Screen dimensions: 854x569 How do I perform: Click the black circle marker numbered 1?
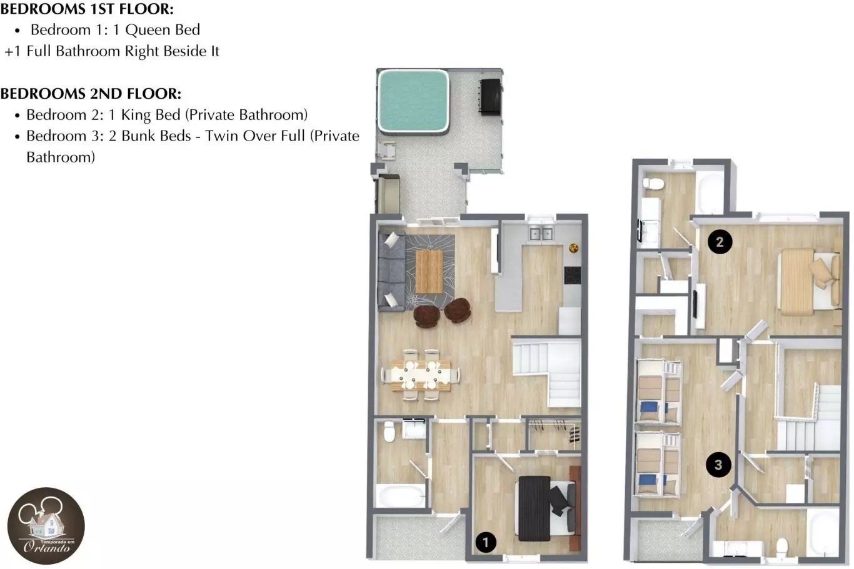click(486, 542)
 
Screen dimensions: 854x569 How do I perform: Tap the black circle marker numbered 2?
click(720, 242)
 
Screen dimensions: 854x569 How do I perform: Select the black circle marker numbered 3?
click(718, 465)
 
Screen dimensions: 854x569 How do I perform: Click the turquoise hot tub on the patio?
click(413, 101)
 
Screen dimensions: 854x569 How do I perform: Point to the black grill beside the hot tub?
click(491, 97)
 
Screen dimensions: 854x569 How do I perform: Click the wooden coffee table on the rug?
click(430, 272)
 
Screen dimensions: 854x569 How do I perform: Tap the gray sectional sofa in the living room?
click(391, 271)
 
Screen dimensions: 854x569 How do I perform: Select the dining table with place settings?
click(421, 375)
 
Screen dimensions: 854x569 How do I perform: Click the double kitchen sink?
click(541, 234)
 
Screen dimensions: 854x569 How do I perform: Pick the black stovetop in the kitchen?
click(573, 275)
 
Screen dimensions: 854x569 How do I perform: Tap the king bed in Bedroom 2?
click(808, 282)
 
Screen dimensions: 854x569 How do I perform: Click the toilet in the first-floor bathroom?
click(389, 431)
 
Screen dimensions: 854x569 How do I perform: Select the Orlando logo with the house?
click(46, 525)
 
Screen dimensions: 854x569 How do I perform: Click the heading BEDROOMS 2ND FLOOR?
click(91, 94)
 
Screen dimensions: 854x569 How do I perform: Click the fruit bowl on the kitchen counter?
click(574, 249)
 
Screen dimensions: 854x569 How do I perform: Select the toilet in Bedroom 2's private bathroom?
click(654, 184)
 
